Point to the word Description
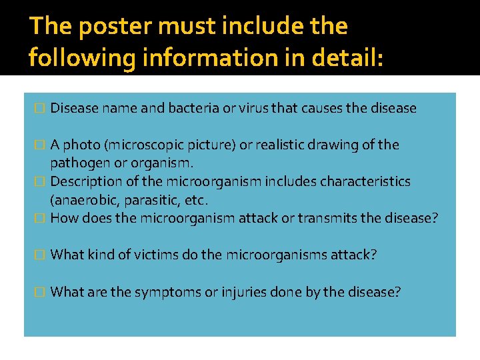[x=84, y=181]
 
